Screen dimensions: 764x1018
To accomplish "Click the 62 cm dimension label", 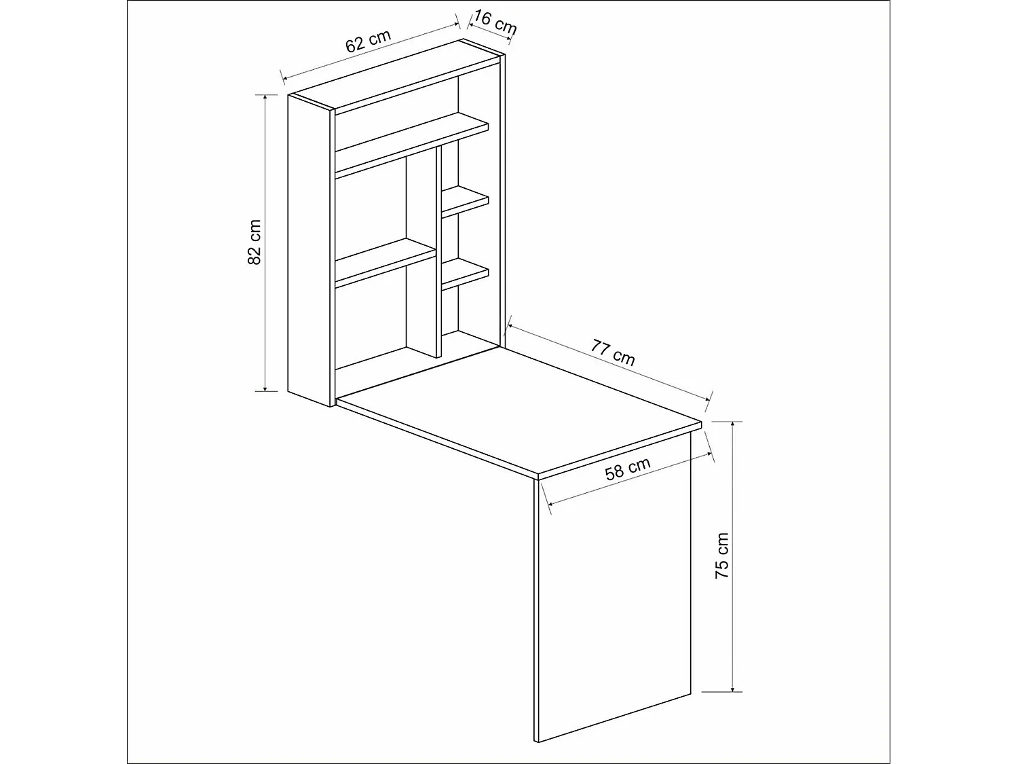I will click(x=369, y=41).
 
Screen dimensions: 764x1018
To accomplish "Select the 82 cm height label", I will click(x=254, y=242).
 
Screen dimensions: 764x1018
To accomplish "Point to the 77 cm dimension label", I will click(x=613, y=352).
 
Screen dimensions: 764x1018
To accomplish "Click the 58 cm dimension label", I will click(x=627, y=469).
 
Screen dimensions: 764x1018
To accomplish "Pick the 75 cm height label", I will click(x=722, y=556).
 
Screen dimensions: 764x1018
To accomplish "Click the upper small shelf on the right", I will click(x=466, y=202).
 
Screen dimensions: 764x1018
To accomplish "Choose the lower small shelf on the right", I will click(x=466, y=272).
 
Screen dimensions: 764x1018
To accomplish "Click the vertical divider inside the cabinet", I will click(x=438, y=251).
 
